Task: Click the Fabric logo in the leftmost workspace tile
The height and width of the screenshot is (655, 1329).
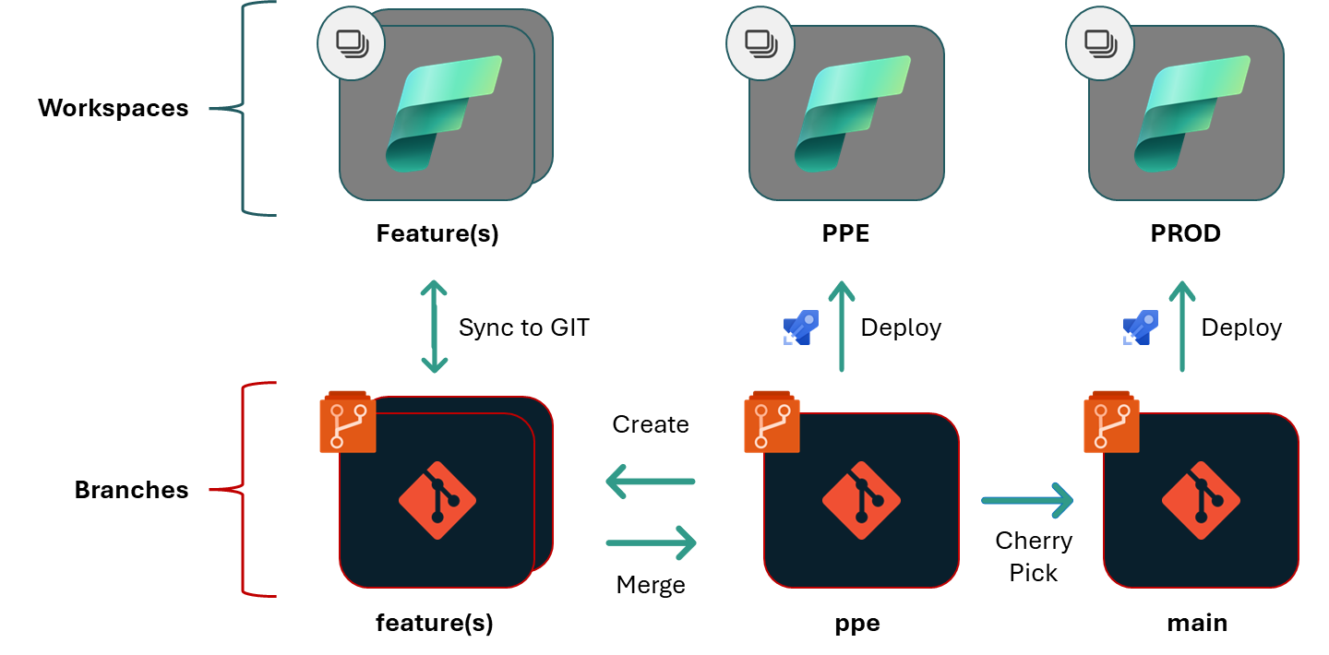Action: point(443,113)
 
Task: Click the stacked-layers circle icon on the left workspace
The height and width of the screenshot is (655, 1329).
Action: point(351,43)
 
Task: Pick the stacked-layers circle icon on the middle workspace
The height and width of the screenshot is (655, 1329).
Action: point(760,43)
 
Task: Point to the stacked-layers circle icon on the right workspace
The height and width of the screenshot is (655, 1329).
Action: point(1100,43)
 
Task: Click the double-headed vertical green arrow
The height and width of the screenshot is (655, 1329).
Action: point(434,327)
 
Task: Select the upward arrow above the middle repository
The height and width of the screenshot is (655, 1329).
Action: point(841,327)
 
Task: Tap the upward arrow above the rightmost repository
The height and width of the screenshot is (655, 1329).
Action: point(1181,327)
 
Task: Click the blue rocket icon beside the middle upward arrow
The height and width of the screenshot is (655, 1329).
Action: point(801,327)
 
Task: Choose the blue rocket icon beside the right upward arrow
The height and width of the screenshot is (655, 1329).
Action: point(1141,327)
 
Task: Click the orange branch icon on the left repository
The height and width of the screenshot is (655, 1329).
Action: point(348,423)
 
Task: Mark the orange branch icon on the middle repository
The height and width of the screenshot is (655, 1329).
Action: point(772,423)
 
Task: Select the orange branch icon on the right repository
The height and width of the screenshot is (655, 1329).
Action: point(1111,423)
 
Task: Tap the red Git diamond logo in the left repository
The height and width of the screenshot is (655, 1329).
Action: point(437,500)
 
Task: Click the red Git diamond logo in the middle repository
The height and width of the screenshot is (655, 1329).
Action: point(861,500)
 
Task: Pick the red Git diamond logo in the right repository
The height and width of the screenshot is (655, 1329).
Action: point(1201,500)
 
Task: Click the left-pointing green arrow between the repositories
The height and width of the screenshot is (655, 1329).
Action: point(650,481)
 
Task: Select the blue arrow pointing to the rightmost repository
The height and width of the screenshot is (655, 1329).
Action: point(1026,500)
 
